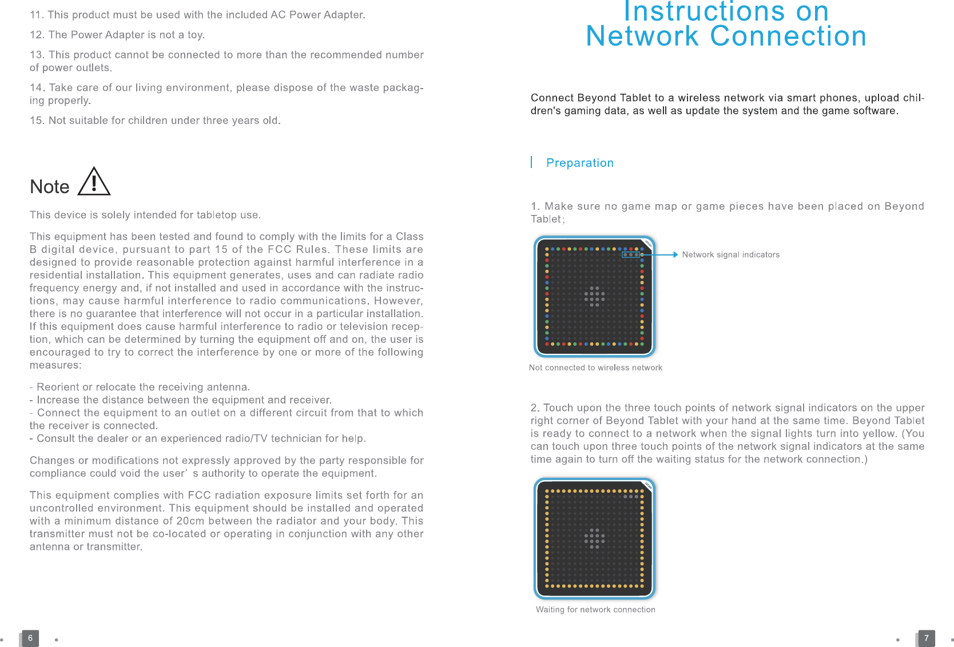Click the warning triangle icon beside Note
(94, 182)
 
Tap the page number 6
(30, 638)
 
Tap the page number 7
(926, 638)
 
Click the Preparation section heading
(579, 163)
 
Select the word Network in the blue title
(642, 36)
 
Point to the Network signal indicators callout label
(730, 255)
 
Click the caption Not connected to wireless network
(595, 368)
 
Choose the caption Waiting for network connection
(595, 609)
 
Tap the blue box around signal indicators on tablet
(631, 254)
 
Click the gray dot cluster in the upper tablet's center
(594, 297)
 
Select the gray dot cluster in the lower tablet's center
(594, 538)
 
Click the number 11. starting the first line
(37, 15)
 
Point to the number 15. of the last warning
(37, 121)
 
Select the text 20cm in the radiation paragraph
(190, 521)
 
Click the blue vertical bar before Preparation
(531, 162)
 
